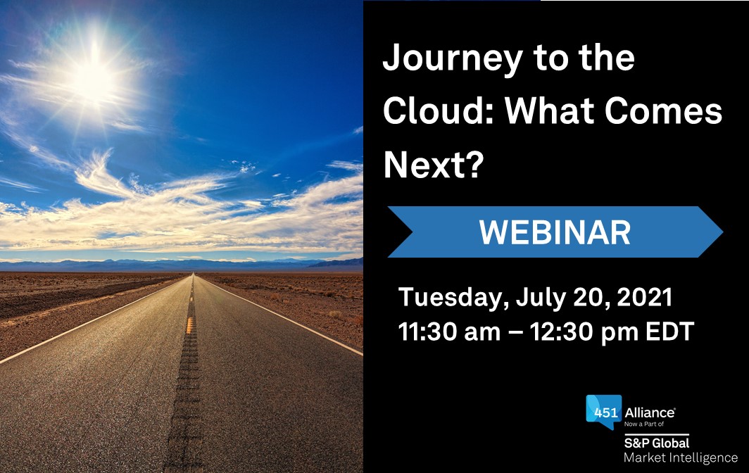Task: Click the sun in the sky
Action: (94, 79)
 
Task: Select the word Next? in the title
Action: (434, 164)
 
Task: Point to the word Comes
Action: (663, 111)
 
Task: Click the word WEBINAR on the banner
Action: (555, 233)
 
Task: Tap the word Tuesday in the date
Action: (453, 298)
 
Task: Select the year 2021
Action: (645, 297)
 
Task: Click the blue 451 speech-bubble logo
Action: (604, 412)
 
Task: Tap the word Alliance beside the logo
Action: (650, 412)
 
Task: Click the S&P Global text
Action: (656, 443)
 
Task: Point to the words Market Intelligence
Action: (681, 458)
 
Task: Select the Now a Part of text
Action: (644, 424)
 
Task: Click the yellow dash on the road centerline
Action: (189, 325)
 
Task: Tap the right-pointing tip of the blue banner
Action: (722, 232)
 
